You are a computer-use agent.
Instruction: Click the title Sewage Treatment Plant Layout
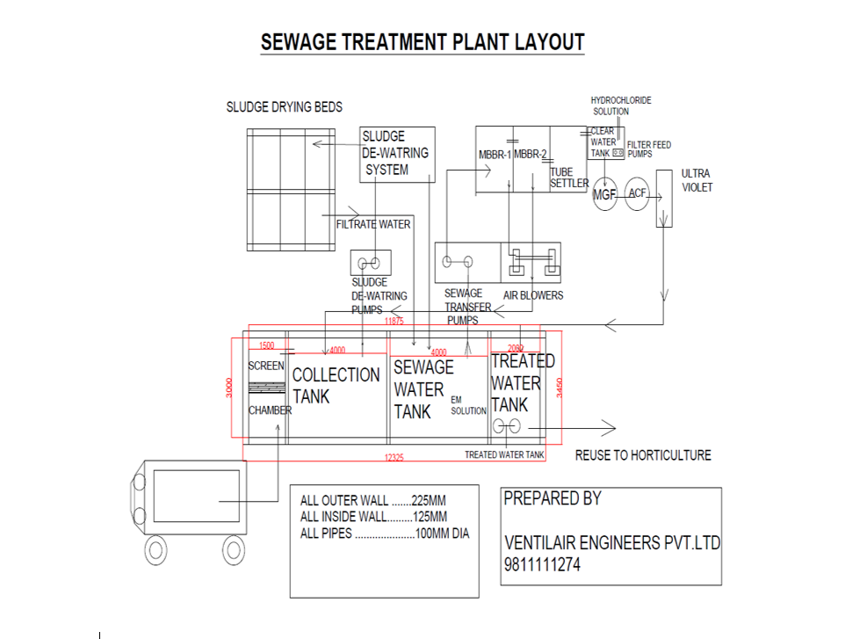(422, 41)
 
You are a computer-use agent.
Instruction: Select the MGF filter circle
(604, 194)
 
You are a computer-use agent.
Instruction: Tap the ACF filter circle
(637, 193)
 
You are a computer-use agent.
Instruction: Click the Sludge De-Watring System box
(397, 154)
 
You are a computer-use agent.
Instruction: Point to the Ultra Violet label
(697, 180)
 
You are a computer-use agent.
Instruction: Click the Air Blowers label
(533, 295)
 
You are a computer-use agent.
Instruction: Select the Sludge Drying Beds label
(284, 107)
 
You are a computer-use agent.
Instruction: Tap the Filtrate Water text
(373, 225)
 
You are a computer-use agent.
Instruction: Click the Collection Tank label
(336, 385)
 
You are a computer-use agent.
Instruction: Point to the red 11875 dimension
(394, 323)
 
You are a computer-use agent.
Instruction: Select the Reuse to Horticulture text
(643, 455)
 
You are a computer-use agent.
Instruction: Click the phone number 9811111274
(542, 565)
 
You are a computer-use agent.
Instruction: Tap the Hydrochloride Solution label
(621, 106)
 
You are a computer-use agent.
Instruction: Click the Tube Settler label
(568, 178)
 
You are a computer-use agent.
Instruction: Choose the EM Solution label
(468, 405)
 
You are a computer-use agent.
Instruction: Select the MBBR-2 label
(531, 156)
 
